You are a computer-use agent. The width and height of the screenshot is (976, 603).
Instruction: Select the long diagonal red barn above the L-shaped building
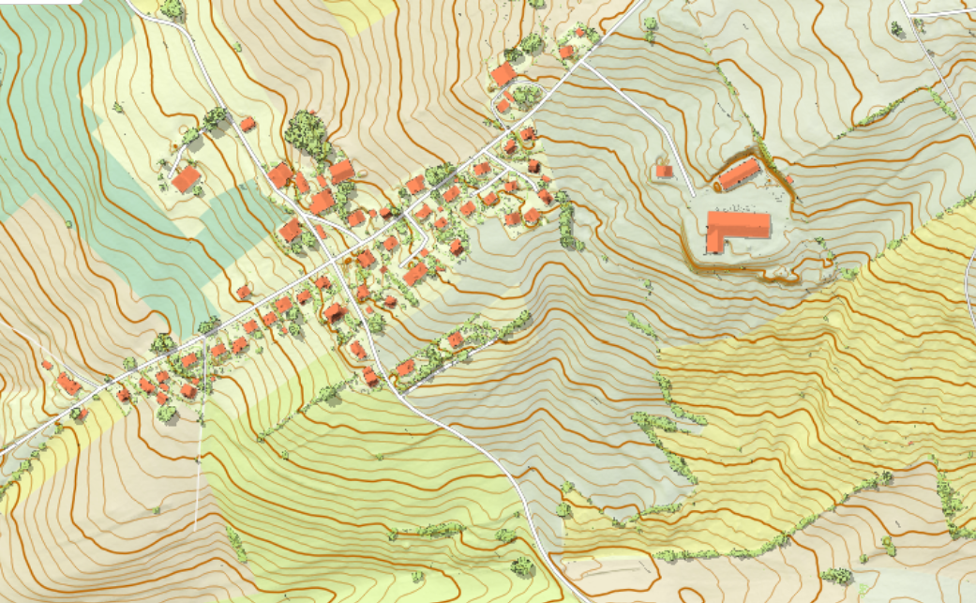pos(739,173)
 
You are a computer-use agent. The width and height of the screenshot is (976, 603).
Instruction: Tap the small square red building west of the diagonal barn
pos(664,171)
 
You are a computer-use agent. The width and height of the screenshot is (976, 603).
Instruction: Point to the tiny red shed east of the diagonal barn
pos(789,178)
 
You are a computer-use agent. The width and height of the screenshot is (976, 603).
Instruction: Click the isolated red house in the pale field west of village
pos(187,178)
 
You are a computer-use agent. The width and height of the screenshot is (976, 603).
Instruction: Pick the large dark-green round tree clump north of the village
pos(307,131)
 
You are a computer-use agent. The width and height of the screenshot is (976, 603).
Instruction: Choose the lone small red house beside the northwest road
pos(248,123)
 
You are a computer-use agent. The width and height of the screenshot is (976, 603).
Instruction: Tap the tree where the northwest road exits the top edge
pos(171,8)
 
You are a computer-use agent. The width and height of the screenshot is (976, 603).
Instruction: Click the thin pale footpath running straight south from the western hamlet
pos(199,469)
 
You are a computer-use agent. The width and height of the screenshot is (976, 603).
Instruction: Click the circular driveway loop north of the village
pos(525,94)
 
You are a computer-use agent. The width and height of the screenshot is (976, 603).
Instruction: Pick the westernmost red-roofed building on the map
pos(46,365)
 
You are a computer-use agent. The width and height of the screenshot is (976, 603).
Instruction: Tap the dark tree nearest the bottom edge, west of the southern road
pos(521,565)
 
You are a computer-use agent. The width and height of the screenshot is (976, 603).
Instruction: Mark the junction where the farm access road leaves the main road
pos(590,67)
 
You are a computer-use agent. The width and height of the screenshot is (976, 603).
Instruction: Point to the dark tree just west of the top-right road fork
pos(897,28)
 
